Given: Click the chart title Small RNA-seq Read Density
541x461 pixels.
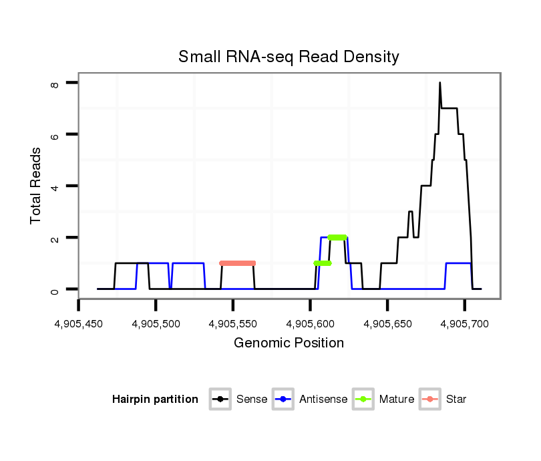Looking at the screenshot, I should pyautogui.click(x=289, y=57).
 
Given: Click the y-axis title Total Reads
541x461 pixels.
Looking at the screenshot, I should pyautogui.click(x=37, y=185).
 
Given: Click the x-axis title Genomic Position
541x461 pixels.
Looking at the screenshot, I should pyautogui.click(x=289, y=343).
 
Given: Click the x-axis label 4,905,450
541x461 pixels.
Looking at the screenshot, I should pyautogui.click(x=79, y=324).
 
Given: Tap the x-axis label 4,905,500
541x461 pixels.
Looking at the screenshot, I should pyautogui.click(x=156, y=324).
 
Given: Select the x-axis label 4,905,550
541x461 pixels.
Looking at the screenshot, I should pyautogui.click(x=233, y=324).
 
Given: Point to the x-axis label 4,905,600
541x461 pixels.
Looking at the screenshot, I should pyautogui.click(x=310, y=324).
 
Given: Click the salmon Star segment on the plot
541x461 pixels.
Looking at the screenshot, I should pyautogui.click(x=237, y=263).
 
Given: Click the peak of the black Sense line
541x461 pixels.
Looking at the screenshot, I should pyautogui.click(x=439, y=83).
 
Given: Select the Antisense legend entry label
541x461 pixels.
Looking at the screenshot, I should pyautogui.click(x=323, y=400).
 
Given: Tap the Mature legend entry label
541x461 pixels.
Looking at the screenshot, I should pyautogui.click(x=396, y=400).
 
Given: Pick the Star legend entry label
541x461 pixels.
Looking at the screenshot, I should pyautogui.click(x=456, y=400).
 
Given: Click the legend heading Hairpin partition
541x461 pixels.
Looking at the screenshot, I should pyautogui.click(x=155, y=400).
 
